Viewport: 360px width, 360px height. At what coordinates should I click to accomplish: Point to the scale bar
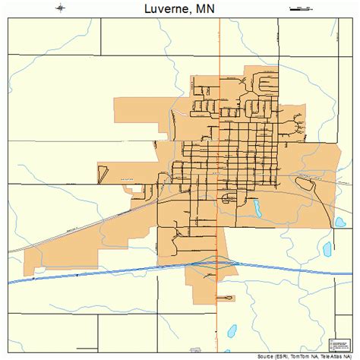click(302, 8)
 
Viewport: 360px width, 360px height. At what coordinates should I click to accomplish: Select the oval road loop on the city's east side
click(305, 180)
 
